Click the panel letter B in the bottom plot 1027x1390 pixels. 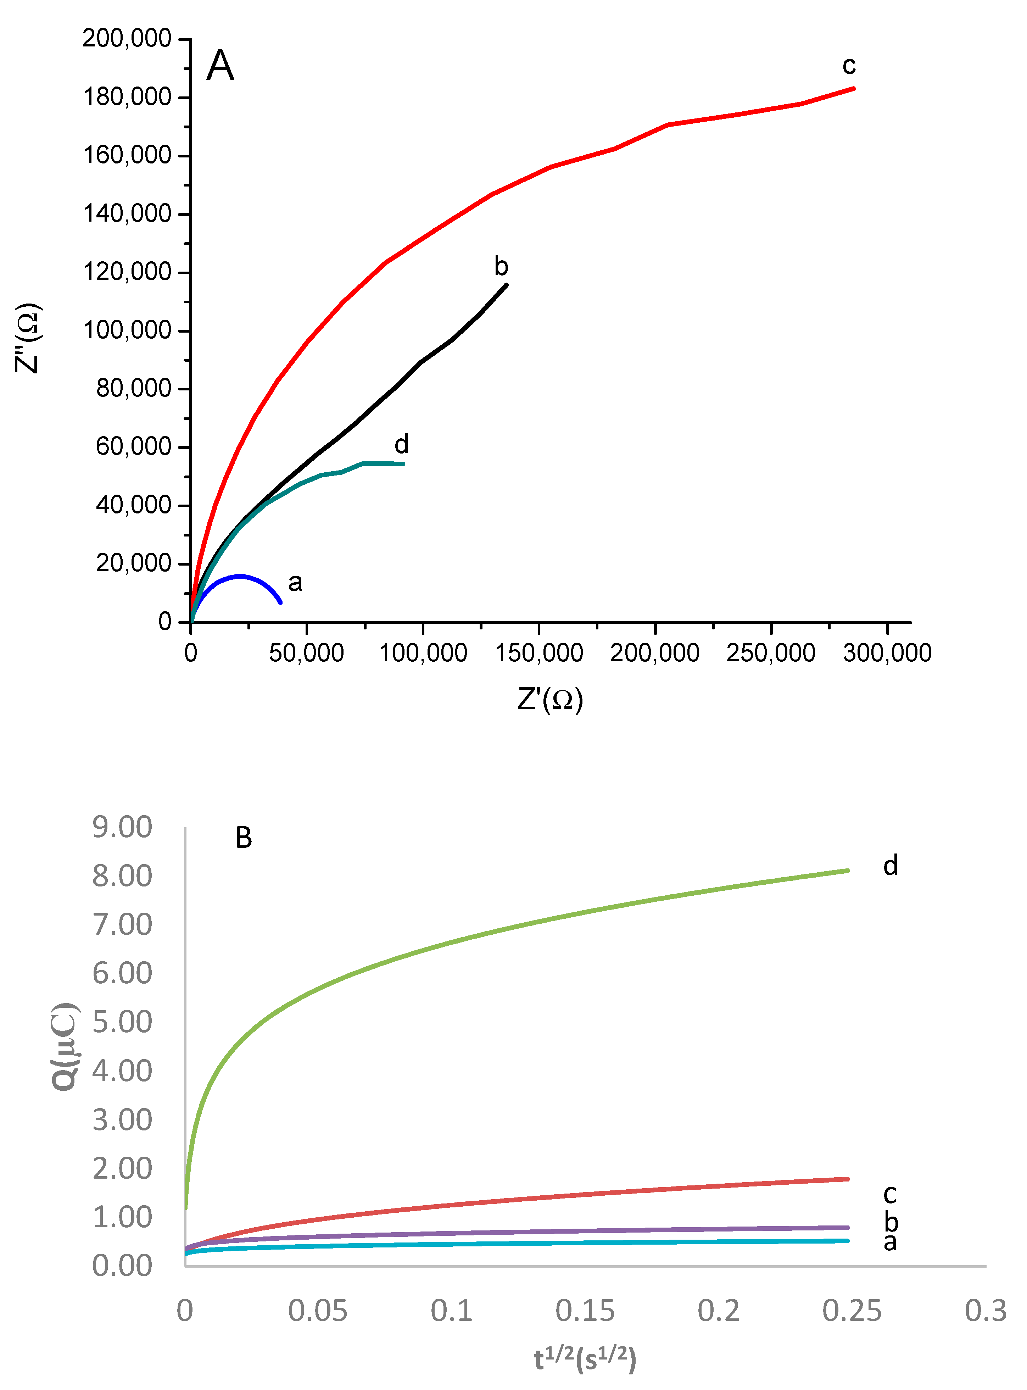point(244,838)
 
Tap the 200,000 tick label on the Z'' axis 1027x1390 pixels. point(127,39)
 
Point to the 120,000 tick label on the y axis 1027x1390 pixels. point(127,272)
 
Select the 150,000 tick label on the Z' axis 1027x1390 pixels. point(538,653)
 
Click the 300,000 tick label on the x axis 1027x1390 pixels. point(887,653)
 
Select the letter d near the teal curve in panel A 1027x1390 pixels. point(402,444)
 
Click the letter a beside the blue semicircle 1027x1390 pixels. point(295,583)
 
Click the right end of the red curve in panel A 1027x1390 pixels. point(854,88)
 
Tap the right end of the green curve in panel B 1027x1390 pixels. point(847,870)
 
